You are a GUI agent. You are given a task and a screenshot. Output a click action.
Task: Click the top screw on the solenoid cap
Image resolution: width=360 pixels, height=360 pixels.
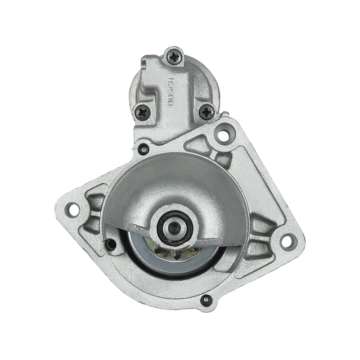(x=175, y=56)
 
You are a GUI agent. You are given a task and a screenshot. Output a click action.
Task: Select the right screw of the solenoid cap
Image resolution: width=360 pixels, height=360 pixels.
(x=206, y=112)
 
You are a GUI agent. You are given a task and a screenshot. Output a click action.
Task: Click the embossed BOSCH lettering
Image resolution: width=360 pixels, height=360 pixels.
(x=171, y=92)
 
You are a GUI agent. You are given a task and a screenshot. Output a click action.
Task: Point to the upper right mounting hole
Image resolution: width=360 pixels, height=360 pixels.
(x=222, y=133)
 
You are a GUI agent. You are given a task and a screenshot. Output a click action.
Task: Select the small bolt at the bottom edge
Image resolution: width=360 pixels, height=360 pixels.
(x=206, y=299)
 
